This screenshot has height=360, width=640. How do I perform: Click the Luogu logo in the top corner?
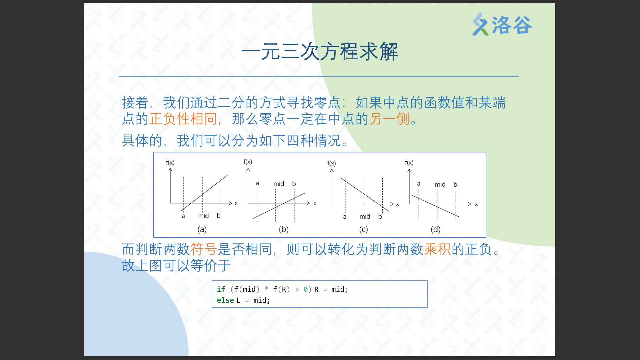pyautogui.click(x=502, y=24)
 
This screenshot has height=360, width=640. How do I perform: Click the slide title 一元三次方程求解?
pyautogui.click(x=320, y=52)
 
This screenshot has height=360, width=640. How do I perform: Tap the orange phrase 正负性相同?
pyautogui.click(x=183, y=119)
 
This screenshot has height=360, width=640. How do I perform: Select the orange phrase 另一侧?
pyautogui.click(x=389, y=119)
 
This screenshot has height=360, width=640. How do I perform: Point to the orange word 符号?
pyautogui.click(x=204, y=249)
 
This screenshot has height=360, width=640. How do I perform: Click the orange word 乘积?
pyautogui.click(x=437, y=249)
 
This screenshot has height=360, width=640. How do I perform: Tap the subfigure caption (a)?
pyautogui.click(x=202, y=229)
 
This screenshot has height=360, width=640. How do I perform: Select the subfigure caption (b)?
pyautogui.click(x=284, y=229)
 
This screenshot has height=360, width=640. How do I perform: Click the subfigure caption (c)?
pyautogui.click(x=364, y=229)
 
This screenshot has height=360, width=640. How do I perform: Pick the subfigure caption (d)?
pyautogui.click(x=436, y=229)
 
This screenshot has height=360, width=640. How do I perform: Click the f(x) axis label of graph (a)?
pyautogui.click(x=170, y=163)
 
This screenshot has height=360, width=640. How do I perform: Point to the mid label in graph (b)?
pyautogui.click(x=279, y=184)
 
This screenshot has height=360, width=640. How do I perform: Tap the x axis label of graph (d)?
pyautogui.click(x=476, y=204)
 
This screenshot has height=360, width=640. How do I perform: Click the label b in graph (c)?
pyautogui.click(x=380, y=216)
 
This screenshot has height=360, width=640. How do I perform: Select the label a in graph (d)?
pyautogui.click(x=419, y=184)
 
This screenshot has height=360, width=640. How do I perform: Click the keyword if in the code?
pyautogui.click(x=221, y=289)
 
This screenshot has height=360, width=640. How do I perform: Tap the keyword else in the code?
pyautogui.click(x=225, y=300)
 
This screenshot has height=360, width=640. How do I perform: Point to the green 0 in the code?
pyautogui.click(x=305, y=289)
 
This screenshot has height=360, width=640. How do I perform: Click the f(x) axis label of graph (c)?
pyautogui.click(x=332, y=163)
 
